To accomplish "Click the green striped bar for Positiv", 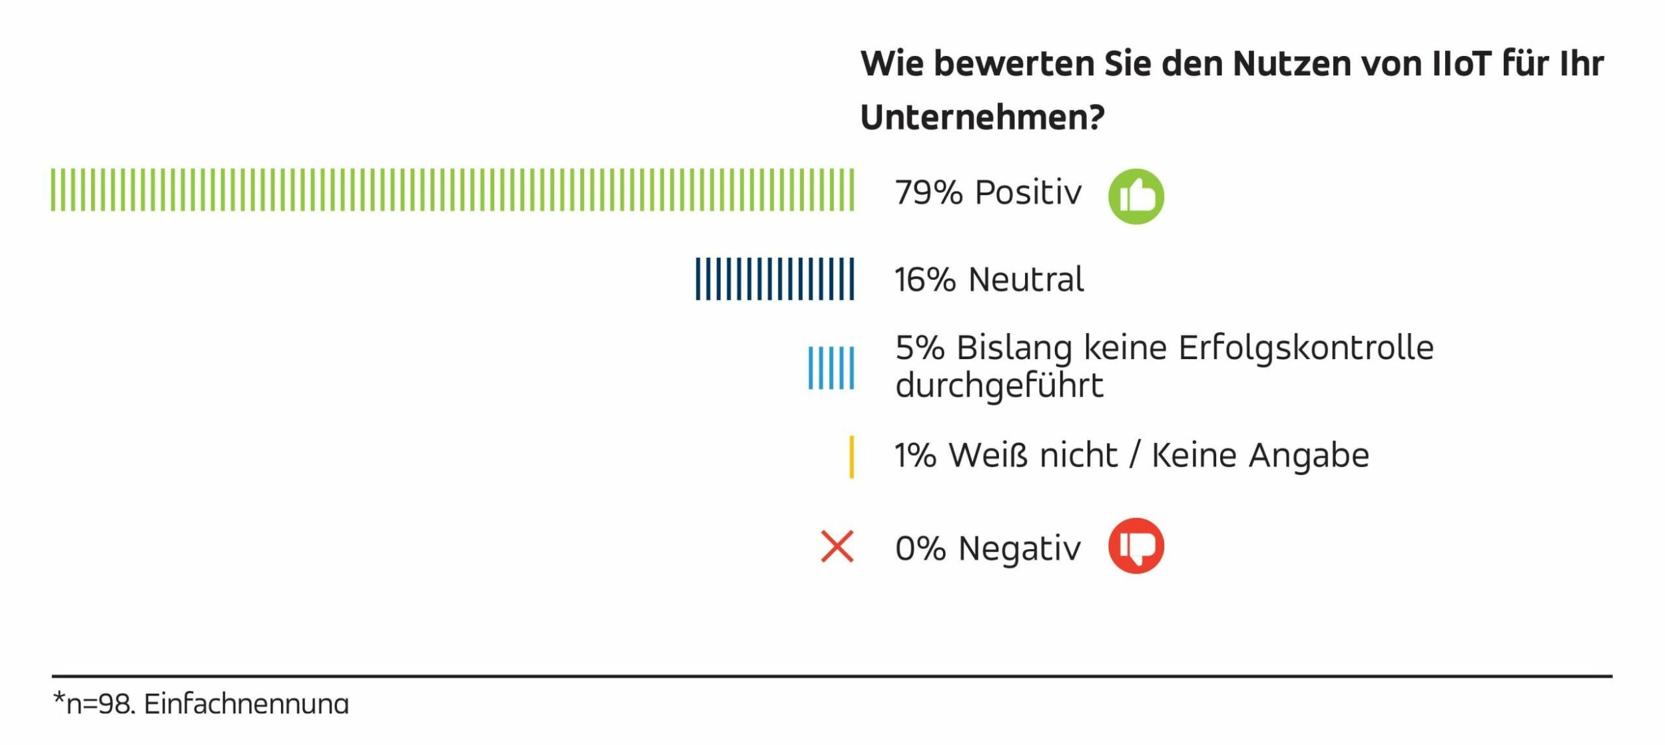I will [453, 190].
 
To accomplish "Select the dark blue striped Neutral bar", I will [775, 279].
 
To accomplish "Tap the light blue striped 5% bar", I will [831, 368].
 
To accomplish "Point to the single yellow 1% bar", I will [851, 457].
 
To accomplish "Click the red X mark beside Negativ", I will [837, 546].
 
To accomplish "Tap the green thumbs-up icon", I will [1136, 197].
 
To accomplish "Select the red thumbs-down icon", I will [1136, 546].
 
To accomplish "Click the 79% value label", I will [928, 193].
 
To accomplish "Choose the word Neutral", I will [1026, 280].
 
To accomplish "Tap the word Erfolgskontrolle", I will [1305, 349].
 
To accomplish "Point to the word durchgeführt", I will [998, 386].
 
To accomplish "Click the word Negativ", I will [1019, 549].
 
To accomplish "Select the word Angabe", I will [1308, 456].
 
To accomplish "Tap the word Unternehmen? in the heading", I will [982, 118].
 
